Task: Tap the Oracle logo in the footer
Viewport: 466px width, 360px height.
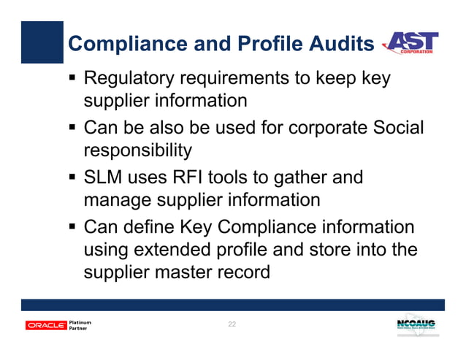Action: click(x=45, y=325)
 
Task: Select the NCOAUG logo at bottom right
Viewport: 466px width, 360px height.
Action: click(x=418, y=324)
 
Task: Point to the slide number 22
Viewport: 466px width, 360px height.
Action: click(x=232, y=323)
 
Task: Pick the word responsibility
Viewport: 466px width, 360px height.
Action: click(x=139, y=150)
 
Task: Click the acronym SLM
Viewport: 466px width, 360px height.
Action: click(x=107, y=177)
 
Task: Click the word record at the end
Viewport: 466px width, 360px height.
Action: click(x=244, y=274)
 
